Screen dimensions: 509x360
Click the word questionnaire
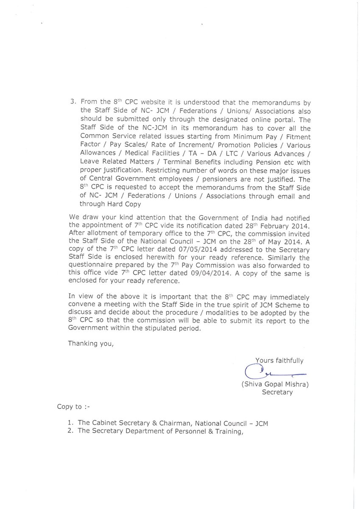click(90, 265)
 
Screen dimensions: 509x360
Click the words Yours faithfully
click(279, 361)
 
